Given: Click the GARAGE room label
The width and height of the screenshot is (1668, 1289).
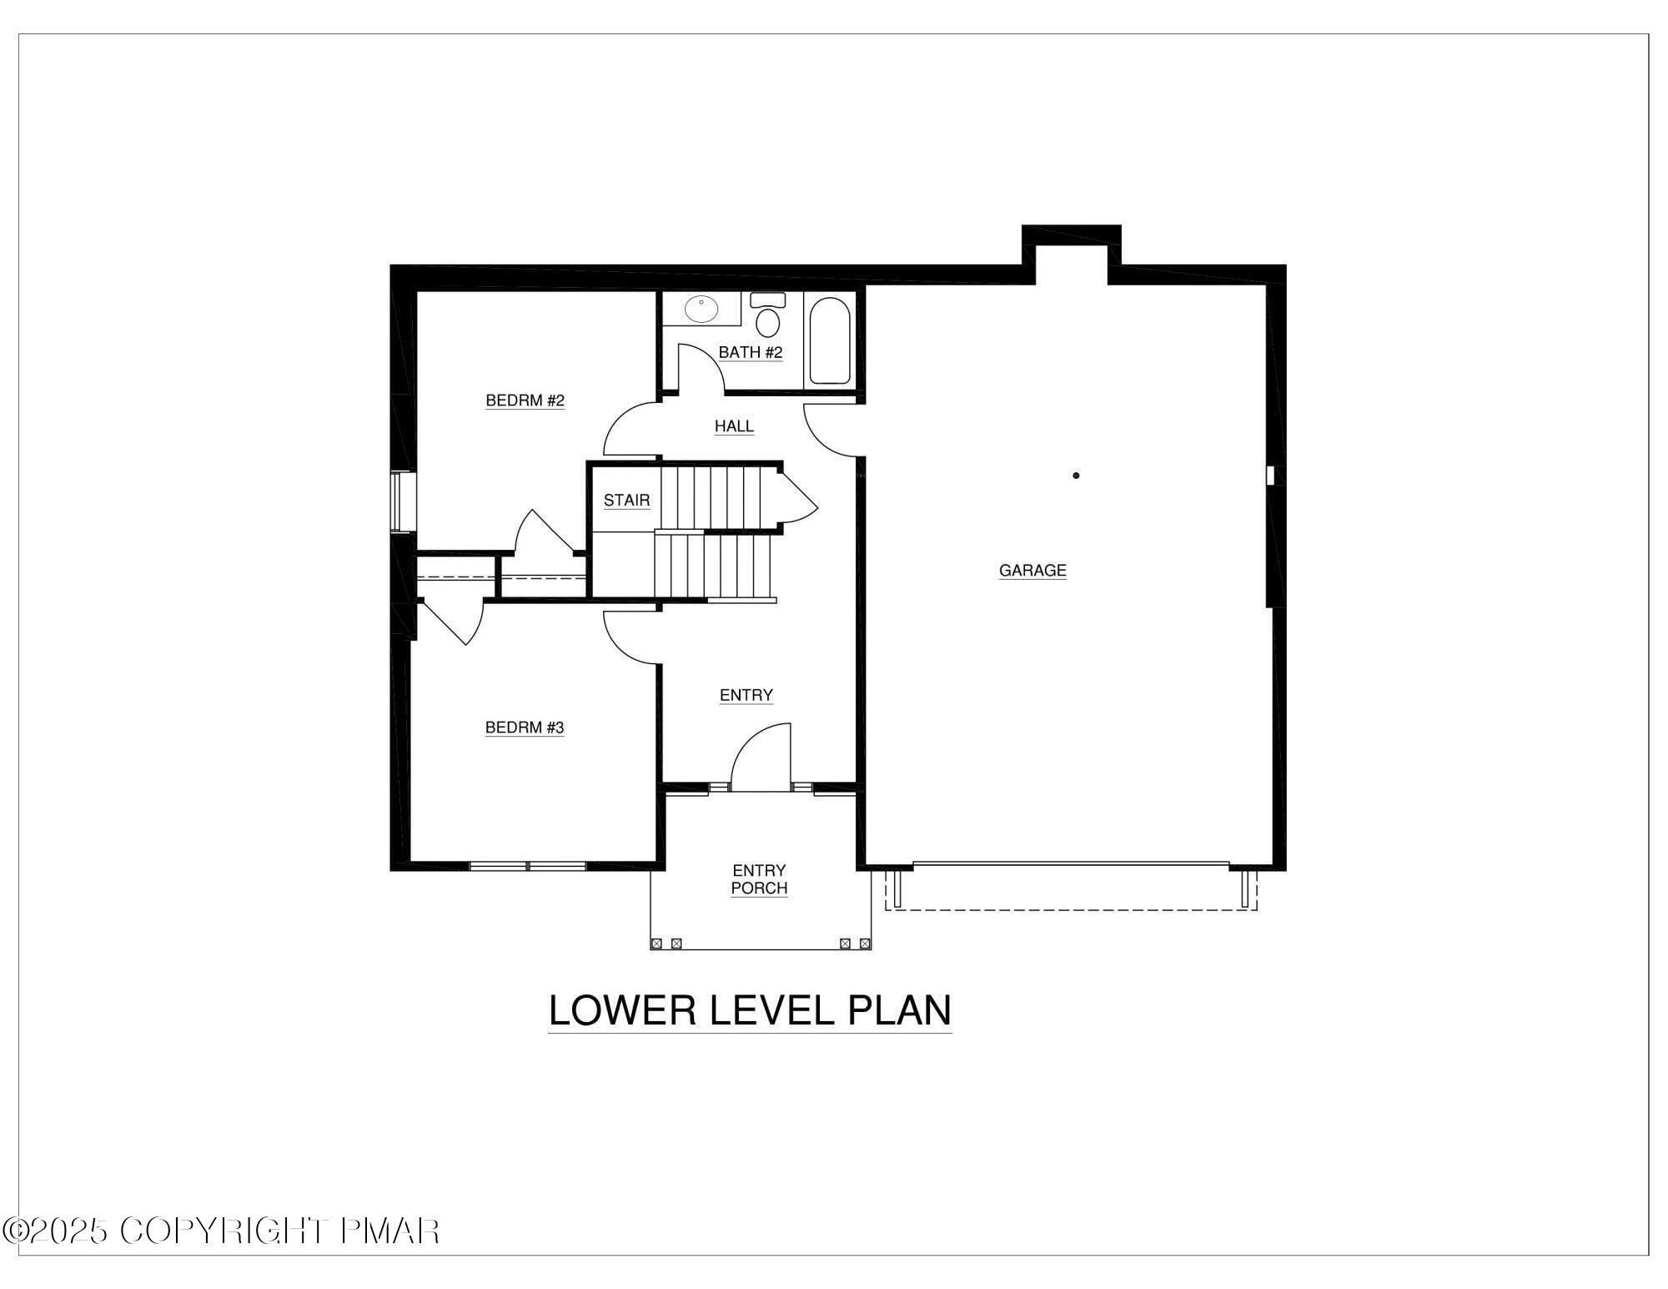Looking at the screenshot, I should click(1032, 571).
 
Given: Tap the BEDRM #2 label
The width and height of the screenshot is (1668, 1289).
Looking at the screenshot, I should click(525, 400).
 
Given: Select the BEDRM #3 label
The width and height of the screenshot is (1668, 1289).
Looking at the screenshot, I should click(525, 728).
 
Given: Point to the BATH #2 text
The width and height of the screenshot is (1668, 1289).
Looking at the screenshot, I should click(751, 352).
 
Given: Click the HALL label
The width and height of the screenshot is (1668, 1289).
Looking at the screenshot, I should click(734, 426).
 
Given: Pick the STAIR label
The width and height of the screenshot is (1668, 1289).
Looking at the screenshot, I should click(626, 501).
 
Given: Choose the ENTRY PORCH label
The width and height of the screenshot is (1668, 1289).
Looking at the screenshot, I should click(759, 879).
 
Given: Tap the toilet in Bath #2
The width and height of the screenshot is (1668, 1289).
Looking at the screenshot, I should click(767, 317).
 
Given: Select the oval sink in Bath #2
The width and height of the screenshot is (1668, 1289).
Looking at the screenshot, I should click(701, 310).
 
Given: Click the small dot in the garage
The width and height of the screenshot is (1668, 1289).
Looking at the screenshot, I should click(1076, 476).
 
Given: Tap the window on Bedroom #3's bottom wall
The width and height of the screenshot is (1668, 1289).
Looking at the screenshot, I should click(528, 867).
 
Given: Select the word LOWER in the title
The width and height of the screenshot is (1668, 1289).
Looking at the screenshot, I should click(621, 1010).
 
